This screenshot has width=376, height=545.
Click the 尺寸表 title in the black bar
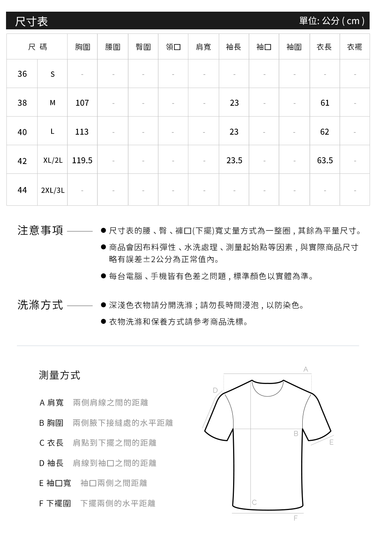[x=32, y=21]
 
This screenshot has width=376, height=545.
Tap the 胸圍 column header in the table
[x=82, y=47]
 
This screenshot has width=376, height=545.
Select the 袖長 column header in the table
[x=233, y=47]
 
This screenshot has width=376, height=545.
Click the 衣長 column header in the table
[x=324, y=47]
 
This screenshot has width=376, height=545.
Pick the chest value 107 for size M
[x=82, y=103]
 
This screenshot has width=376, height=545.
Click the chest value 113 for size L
[x=82, y=132]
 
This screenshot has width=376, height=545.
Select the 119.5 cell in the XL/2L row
[x=82, y=161]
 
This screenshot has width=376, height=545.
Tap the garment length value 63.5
[x=325, y=161]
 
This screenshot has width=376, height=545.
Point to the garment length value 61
[x=325, y=103]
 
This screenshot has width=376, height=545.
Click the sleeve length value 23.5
[x=234, y=161]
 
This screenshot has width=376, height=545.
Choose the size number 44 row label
[x=22, y=190]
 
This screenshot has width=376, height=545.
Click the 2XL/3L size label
[x=53, y=190]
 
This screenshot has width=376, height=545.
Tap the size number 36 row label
[x=22, y=74]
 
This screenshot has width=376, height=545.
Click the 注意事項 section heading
[x=40, y=230]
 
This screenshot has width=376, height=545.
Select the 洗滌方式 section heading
[x=40, y=305]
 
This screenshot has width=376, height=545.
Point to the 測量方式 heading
[x=59, y=375]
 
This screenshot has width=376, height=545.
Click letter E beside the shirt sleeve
[x=331, y=442]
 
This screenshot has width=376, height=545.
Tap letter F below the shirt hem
[x=296, y=518]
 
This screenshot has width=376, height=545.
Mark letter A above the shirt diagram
[x=306, y=370]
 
